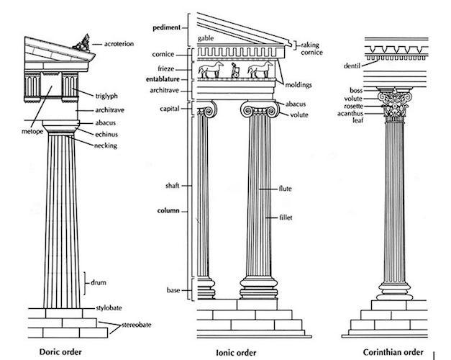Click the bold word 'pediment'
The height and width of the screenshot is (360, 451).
pos(167,27)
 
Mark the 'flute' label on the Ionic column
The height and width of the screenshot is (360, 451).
pos(287,189)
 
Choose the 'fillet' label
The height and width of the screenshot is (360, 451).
pos(287,217)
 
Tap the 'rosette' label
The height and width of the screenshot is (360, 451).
pos(353,107)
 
